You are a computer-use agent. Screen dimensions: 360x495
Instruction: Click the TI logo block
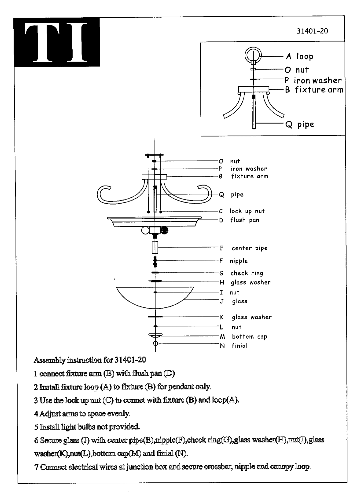[x=57, y=42]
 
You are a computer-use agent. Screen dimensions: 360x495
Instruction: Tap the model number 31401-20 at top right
[x=312, y=31]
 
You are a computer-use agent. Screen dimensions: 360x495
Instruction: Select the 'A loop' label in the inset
[x=300, y=57]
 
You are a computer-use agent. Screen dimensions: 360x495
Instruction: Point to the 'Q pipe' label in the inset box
[x=300, y=125]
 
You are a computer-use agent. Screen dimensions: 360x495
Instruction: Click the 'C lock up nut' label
[x=242, y=211]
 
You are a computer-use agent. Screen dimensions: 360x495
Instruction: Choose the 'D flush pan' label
[x=239, y=220]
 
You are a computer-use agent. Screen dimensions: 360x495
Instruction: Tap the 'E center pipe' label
[x=243, y=248]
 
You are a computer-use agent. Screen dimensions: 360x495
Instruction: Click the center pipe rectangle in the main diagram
[x=155, y=247]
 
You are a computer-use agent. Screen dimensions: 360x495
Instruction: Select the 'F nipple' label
[x=233, y=261]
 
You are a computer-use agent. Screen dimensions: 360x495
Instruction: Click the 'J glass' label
[x=234, y=301]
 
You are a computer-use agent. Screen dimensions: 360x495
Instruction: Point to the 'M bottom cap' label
[x=243, y=337]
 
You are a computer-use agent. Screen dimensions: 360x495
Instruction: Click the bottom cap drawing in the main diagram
[x=155, y=335]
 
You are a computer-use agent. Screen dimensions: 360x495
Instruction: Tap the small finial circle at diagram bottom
[x=155, y=343]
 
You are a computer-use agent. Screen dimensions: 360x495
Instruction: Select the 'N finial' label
[x=234, y=346]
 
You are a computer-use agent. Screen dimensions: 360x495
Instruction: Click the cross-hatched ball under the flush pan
[x=164, y=230]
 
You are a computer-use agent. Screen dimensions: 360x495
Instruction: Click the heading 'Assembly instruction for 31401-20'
[x=90, y=360]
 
